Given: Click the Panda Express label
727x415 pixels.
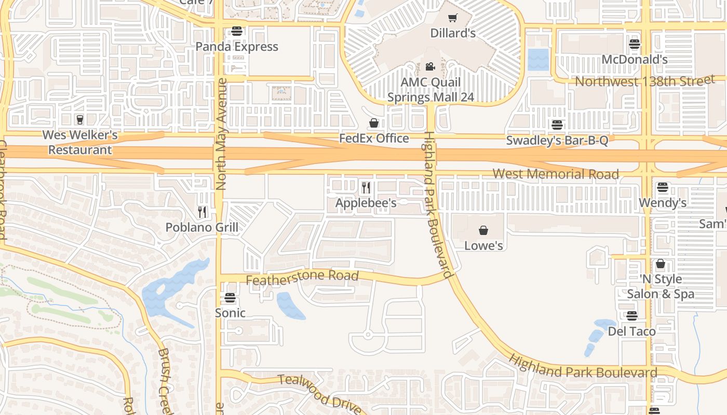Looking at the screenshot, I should (x=237, y=47).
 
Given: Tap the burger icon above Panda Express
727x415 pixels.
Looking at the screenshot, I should (x=237, y=31).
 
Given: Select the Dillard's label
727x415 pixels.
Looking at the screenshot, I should (x=453, y=33).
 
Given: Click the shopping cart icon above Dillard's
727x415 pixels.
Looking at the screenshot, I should (x=453, y=18).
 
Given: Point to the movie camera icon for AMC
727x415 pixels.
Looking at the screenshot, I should (x=430, y=66).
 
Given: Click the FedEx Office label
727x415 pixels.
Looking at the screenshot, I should (x=374, y=139).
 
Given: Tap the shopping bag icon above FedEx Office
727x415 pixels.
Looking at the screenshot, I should (x=374, y=123).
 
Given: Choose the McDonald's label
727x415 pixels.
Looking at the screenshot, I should (x=634, y=60).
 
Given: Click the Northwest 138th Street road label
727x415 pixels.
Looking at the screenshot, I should (x=644, y=81).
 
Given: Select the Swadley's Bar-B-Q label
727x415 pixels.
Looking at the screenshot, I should (x=557, y=140).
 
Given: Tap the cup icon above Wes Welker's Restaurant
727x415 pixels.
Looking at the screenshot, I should (x=79, y=120).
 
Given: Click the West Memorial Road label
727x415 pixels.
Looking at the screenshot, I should (x=556, y=174).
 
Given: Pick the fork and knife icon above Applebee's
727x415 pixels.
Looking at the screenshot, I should (x=366, y=187).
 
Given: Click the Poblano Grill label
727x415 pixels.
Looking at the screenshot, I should (x=202, y=227).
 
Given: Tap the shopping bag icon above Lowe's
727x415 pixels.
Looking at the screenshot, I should (x=483, y=230).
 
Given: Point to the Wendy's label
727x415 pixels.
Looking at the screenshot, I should (x=663, y=203).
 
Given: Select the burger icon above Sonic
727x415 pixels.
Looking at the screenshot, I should (x=230, y=298).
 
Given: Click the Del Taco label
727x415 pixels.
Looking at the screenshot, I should (x=631, y=331).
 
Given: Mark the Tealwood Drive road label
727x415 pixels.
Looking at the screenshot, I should (x=319, y=393).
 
